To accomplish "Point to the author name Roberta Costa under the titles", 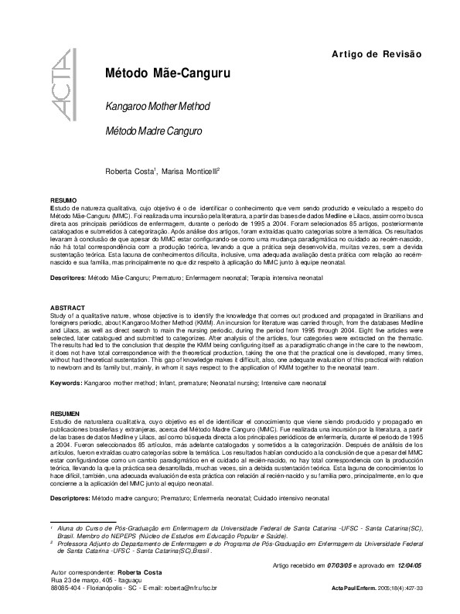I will (130, 171).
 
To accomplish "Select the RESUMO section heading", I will (63, 200).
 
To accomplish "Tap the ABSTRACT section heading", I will (66, 307).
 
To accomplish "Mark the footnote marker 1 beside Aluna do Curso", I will (51, 525).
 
